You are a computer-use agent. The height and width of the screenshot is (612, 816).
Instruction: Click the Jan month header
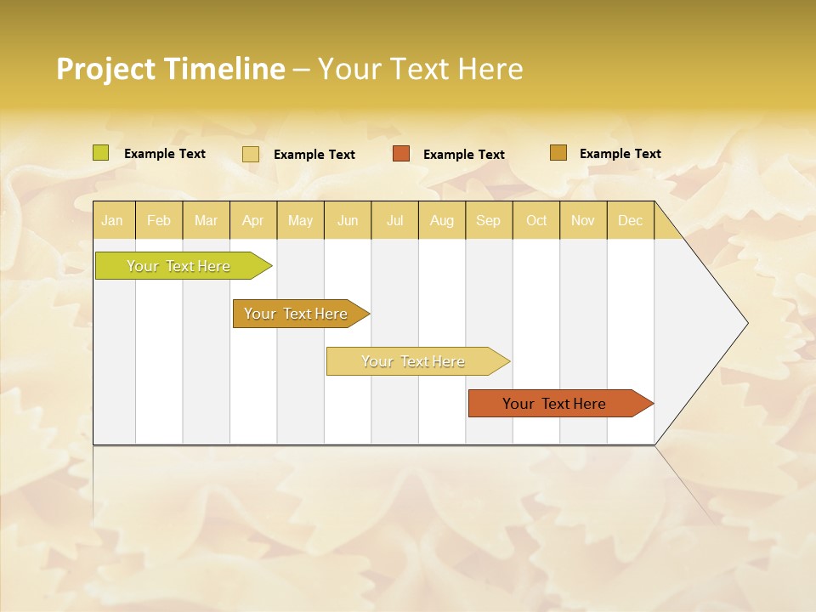pyautogui.click(x=112, y=220)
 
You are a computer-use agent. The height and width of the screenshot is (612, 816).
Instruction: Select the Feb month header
pyautogui.click(x=159, y=220)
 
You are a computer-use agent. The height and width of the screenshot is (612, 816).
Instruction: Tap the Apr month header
pyautogui.click(x=252, y=220)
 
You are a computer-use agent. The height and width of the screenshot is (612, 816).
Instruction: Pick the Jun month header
pyautogui.click(x=348, y=220)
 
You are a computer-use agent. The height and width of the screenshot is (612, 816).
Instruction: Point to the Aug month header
pyautogui.click(x=441, y=220)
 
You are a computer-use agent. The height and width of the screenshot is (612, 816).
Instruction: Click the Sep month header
pyautogui.click(x=488, y=220)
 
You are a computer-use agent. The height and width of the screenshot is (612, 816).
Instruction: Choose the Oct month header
pyautogui.click(x=536, y=220)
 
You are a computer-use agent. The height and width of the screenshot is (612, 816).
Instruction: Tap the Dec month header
pyautogui.click(x=630, y=220)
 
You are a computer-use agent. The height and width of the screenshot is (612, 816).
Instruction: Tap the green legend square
pyautogui.click(x=101, y=153)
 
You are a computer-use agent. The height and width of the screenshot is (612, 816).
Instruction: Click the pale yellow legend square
pyautogui.click(x=251, y=154)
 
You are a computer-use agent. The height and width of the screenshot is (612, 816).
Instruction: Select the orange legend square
pyautogui.click(x=401, y=153)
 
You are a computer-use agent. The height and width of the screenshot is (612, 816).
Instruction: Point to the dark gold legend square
pyautogui.click(x=558, y=153)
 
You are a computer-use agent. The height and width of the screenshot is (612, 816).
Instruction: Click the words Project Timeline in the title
pyautogui.click(x=171, y=69)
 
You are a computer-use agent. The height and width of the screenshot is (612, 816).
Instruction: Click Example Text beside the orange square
pyautogui.click(x=464, y=155)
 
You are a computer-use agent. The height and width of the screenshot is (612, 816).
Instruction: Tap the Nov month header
pyautogui.click(x=582, y=220)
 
